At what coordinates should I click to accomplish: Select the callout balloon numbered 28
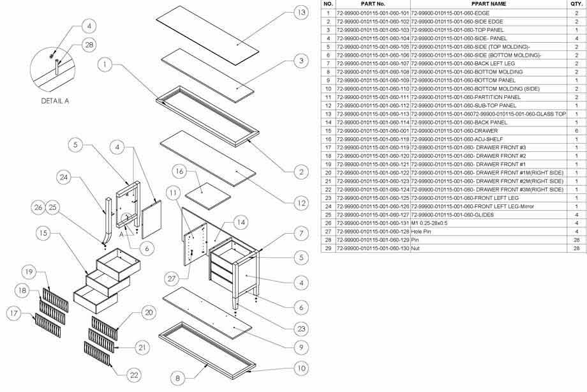tap(89, 44)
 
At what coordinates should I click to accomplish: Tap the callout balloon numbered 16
tap(180, 172)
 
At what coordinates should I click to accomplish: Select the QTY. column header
tap(576, 4)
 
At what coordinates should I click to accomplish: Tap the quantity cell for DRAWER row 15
tap(576, 130)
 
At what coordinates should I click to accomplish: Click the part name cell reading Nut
tap(415, 247)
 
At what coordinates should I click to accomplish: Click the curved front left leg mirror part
tap(104, 219)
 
